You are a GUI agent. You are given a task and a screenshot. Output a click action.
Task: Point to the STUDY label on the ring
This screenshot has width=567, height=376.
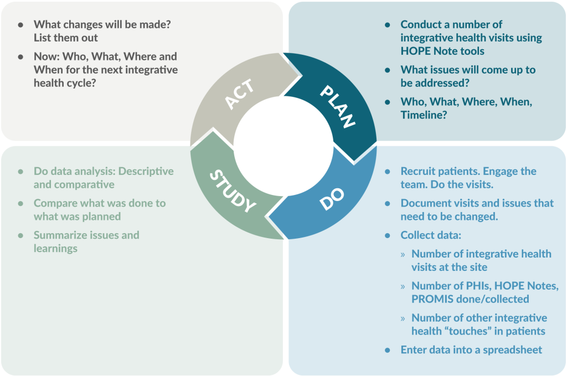(232, 192)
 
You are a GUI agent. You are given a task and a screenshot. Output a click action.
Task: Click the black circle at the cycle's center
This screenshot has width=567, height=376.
(283, 146)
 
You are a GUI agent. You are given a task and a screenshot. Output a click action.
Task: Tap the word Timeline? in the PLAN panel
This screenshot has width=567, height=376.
(424, 115)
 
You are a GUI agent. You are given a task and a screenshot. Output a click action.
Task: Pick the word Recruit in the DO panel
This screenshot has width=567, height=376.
(418, 171)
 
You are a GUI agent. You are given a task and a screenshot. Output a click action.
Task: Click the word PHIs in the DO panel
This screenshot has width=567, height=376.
(471, 286)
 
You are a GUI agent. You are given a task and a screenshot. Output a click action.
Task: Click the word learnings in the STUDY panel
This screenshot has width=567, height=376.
(55, 248)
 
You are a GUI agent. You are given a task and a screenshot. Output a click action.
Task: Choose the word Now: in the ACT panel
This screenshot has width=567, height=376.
(47, 56)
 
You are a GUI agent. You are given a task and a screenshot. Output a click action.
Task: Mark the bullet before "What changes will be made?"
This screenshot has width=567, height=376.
(20, 25)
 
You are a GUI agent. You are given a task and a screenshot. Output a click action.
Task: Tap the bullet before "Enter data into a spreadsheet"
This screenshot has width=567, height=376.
(388, 350)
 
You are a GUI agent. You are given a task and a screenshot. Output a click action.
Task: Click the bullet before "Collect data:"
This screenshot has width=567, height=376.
(388, 235)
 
